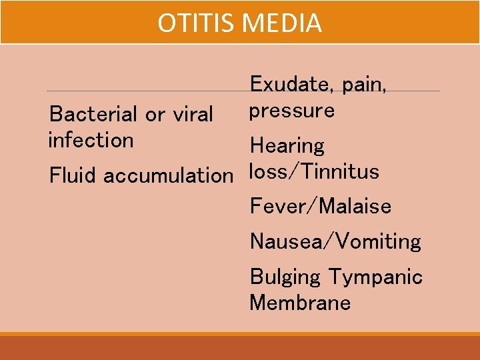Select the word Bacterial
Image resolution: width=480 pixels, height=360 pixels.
[93, 114]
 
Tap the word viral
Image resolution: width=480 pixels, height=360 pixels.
[193, 114]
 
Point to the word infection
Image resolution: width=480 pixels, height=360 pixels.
[91, 140]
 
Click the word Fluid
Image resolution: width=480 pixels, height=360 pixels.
[73, 175]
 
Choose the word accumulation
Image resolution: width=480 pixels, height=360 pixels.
[168, 175]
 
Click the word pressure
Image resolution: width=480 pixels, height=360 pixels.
[292, 111]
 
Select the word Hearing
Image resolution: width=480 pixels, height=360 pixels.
[287, 146]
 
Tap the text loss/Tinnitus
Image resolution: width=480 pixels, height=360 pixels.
[314, 171]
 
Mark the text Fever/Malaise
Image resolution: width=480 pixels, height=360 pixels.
[321, 206]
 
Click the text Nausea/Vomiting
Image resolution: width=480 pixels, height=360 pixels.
[335, 241]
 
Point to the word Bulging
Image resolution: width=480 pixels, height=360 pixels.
[285, 277]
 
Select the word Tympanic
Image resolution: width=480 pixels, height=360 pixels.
[376, 277]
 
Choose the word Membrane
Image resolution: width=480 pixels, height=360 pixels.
[300, 303]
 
